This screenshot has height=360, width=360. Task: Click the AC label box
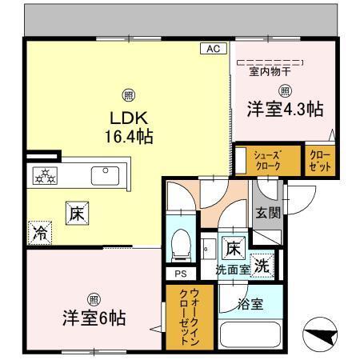[x=212, y=49]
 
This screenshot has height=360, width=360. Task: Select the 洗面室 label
[x=232, y=270]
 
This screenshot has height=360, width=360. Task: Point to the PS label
[x=180, y=274]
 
